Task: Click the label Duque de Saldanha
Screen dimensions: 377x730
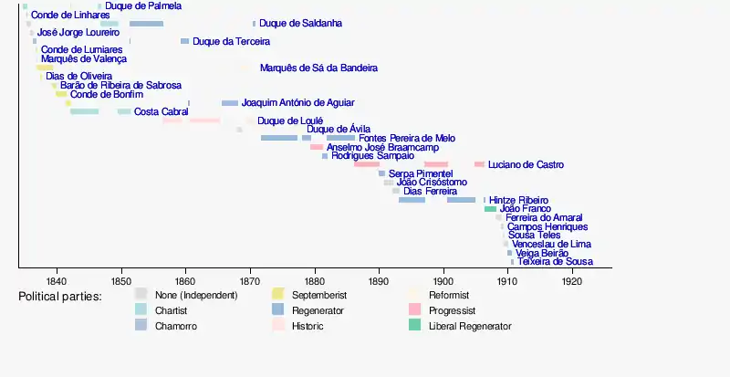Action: tap(300, 23)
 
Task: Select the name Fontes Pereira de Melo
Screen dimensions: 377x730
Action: tap(407, 138)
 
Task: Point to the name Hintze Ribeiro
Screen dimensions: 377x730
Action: tap(519, 200)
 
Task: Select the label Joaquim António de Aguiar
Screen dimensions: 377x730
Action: tap(298, 103)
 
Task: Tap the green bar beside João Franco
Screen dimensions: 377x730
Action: tap(490, 209)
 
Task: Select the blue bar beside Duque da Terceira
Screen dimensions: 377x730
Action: tap(184, 41)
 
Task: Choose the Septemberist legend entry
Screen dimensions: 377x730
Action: tap(318, 295)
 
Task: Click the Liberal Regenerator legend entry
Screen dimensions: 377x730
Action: tap(469, 326)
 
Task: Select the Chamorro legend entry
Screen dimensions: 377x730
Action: tap(176, 326)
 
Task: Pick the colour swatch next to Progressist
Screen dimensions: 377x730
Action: tap(413, 310)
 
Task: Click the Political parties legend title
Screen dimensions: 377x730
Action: tap(60, 296)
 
